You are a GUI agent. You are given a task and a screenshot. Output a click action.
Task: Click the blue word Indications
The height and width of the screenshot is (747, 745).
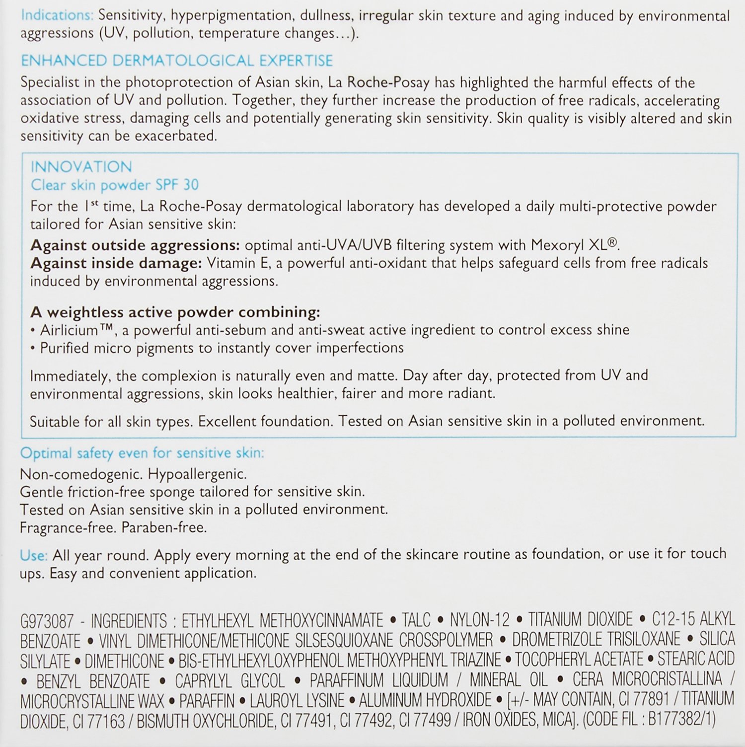coord(57,15)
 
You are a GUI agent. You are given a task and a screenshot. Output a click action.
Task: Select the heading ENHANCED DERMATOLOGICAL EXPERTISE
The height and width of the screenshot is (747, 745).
coord(176,61)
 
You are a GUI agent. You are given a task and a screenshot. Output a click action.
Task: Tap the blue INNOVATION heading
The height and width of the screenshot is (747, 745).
coord(81,166)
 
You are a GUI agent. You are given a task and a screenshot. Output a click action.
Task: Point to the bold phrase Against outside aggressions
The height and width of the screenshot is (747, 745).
coord(135,245)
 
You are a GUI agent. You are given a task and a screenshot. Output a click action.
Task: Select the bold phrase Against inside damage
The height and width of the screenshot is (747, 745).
coord(116,263)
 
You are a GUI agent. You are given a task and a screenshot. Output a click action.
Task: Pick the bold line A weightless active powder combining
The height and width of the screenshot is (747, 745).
coord(175,312)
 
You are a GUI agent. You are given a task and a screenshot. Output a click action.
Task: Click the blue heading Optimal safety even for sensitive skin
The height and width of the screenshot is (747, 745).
coord(142,453)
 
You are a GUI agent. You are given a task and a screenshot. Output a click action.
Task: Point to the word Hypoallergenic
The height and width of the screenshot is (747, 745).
coord(197,474)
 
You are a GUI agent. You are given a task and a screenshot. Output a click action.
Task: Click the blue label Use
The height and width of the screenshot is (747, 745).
coord(33,555)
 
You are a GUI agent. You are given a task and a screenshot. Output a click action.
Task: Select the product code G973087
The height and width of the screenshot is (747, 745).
coord(47,621)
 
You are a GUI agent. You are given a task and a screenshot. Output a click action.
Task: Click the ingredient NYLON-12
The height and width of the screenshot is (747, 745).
coord(479,620)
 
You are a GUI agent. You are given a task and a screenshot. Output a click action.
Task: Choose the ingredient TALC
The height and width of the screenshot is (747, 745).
coord(416,620)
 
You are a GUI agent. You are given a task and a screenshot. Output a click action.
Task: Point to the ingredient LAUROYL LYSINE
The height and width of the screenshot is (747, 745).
coord(297,700)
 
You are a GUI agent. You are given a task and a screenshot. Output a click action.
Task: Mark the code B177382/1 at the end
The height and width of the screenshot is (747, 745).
coord(681,720)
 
